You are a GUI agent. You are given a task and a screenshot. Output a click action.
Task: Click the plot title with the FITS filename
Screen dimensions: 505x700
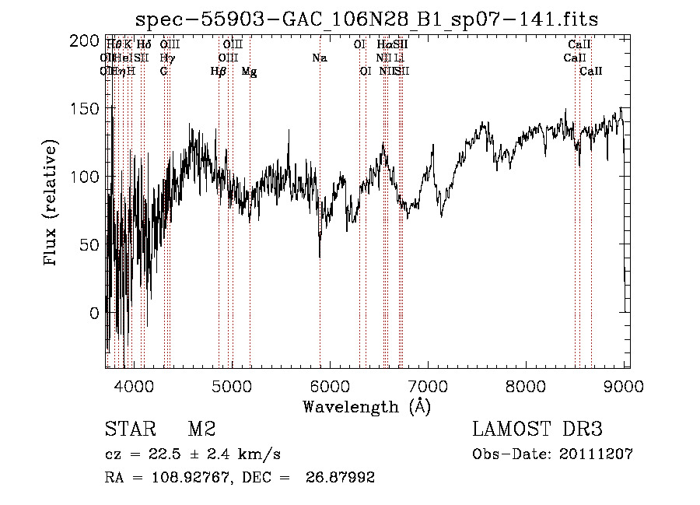(366, 19)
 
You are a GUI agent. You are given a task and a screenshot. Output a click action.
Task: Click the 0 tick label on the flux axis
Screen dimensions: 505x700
(94, 314)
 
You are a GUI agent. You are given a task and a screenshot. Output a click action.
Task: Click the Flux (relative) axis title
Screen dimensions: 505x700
(52, 204)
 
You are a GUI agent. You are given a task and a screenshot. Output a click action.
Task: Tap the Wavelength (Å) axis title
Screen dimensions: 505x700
(366, 406)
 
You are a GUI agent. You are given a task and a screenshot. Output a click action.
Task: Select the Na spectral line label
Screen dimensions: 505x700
(319, 58)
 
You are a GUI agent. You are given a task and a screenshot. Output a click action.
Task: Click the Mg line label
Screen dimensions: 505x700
(249, 72)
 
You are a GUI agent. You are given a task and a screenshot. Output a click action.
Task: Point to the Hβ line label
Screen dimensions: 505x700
(219, 72)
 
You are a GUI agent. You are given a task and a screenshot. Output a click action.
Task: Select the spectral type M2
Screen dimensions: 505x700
(201, 430)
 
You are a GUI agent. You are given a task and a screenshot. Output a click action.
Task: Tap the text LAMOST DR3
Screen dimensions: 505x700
(537, 430)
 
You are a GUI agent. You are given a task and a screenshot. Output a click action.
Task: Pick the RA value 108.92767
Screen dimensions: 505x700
(180, 478)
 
